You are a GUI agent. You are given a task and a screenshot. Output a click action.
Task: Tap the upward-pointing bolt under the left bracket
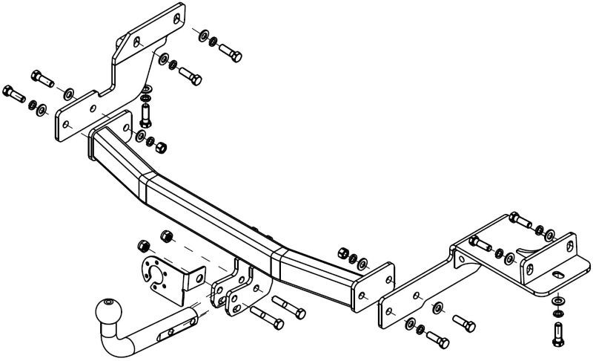tap(146, 116)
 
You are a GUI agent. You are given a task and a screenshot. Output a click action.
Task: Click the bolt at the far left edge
tap(14, 94)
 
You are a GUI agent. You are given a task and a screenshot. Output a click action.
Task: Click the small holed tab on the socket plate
tap(193, 279)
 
